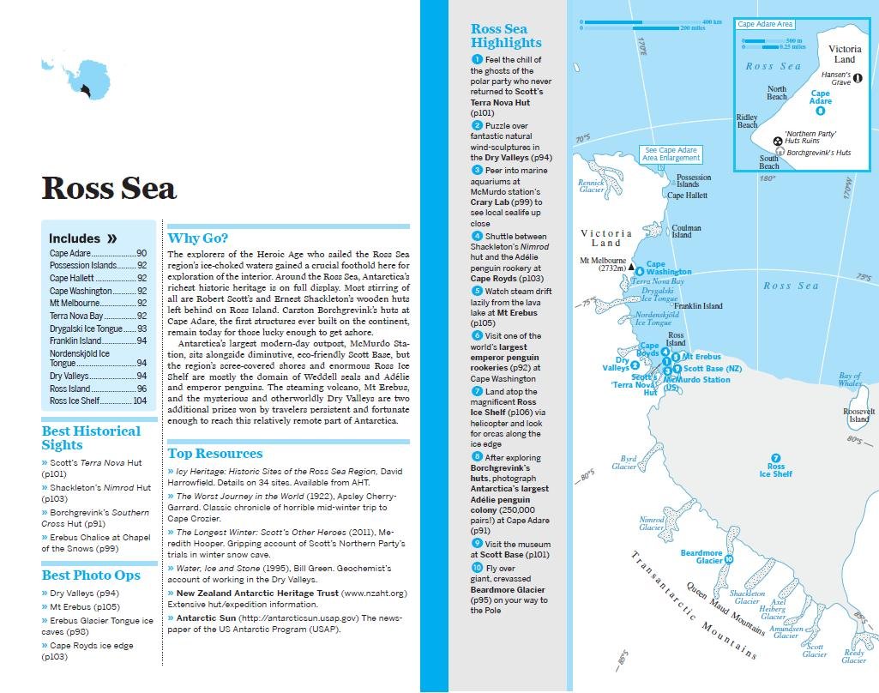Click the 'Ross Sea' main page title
[109, 188]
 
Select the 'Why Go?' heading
[197, 238]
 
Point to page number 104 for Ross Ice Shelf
[139, 401]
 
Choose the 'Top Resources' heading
[214, 453]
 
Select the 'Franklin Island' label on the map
[698, 306]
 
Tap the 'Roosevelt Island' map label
[858, 416]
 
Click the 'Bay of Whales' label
[850, 379]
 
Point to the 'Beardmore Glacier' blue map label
[701, 557]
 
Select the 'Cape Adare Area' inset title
[765, 24]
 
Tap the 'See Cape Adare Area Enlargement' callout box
[670, 154]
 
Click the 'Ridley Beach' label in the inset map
[747, 121]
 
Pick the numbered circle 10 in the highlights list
[477, 567]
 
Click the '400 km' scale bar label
[712, 21]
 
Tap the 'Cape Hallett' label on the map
[687, 196]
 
